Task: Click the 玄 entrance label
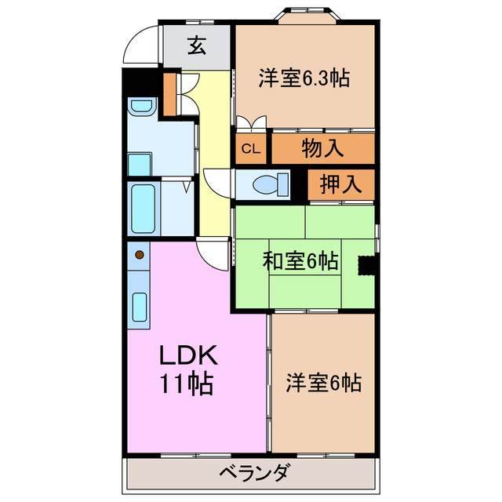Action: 196,45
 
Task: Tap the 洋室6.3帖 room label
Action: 304,78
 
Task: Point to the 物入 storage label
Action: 322,147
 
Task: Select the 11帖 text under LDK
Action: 188,385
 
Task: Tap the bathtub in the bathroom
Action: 143,208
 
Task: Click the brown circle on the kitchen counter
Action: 140,255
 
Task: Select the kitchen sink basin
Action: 140,307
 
